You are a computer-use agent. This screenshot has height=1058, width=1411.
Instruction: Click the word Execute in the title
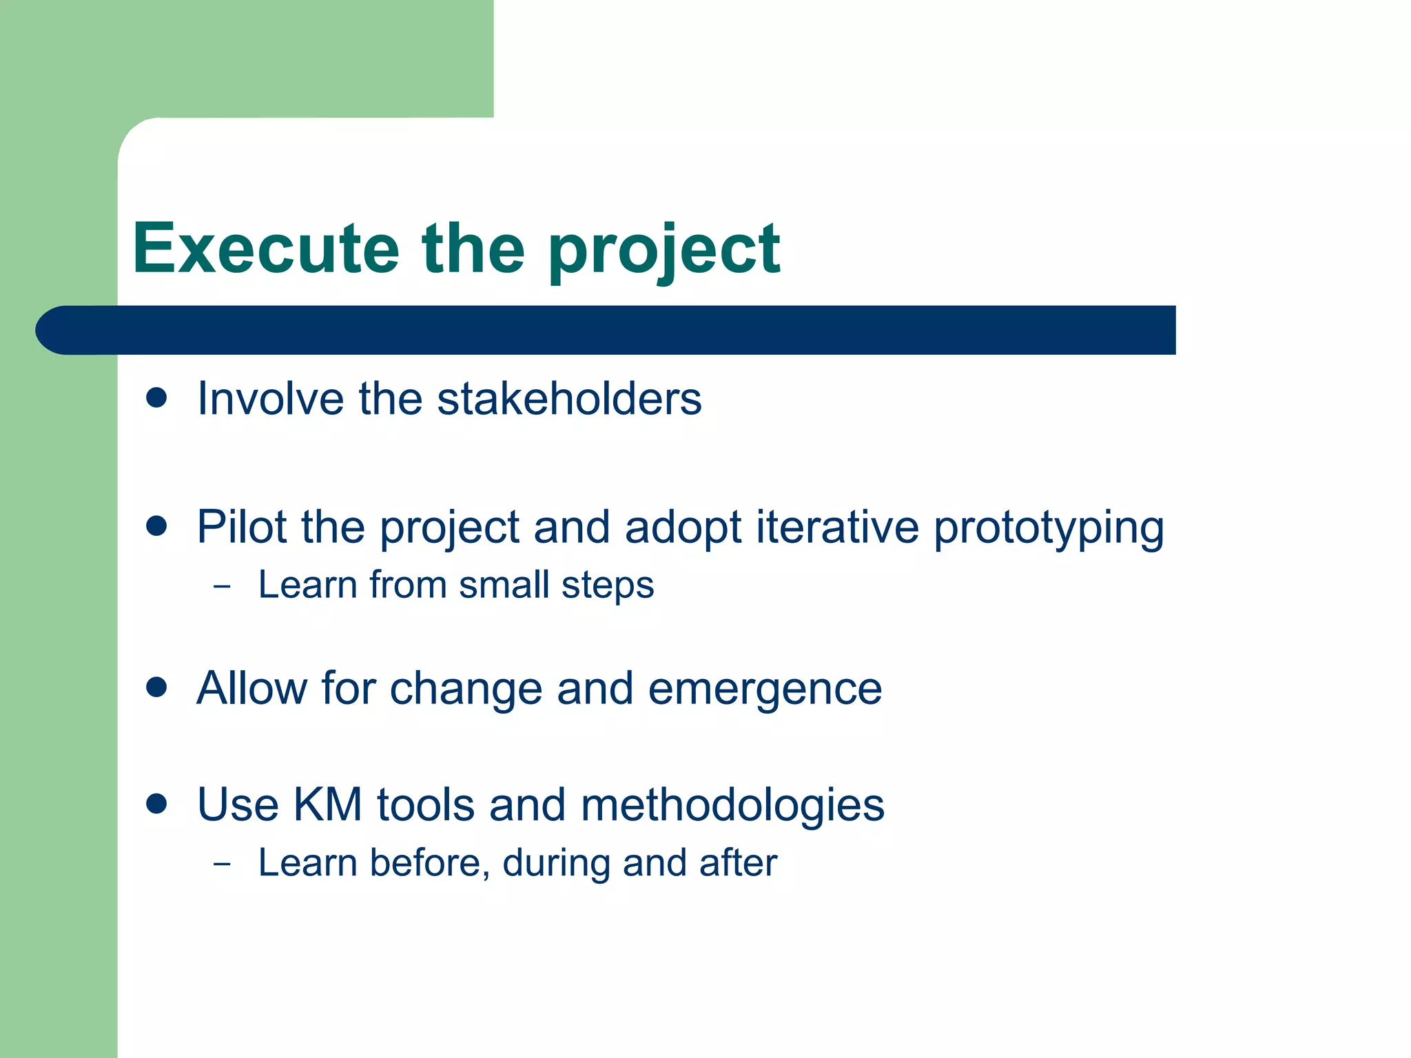coord(266,249)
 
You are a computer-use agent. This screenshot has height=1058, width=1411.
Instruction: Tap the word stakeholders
coord(569,399)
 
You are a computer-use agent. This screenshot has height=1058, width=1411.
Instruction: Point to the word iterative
coord(837,527)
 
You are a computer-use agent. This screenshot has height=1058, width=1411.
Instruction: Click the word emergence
coord(765,689)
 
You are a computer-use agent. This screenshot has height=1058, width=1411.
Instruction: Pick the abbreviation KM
coord(327,805)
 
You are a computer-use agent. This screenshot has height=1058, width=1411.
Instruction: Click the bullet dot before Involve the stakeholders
coord(157,398)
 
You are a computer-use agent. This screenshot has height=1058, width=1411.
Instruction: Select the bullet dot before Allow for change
coord(157,687)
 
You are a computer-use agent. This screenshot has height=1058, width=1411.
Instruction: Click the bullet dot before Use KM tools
coord(157,804)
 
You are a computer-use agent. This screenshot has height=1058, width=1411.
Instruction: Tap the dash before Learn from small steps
coord(222,588)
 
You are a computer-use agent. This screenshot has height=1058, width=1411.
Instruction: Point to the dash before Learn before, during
coord(222,864)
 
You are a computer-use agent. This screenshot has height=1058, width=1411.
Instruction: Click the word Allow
coord(251,688)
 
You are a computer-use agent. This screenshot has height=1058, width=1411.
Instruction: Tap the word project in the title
coord(663,251)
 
